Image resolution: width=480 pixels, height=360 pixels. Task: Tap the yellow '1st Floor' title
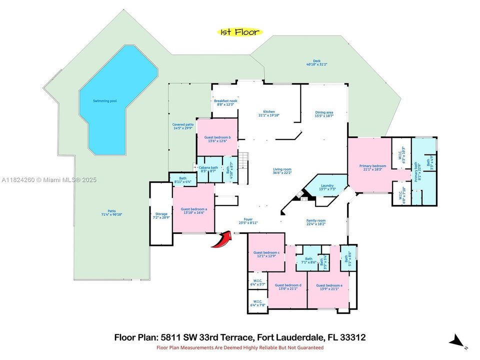click(x=240, y=32)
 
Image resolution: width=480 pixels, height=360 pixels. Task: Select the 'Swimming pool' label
click(x=104, y=101)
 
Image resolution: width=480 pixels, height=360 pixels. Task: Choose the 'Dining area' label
click(x=324, y=113)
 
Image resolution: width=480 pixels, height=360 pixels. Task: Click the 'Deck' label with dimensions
click(x=316, y=62)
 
